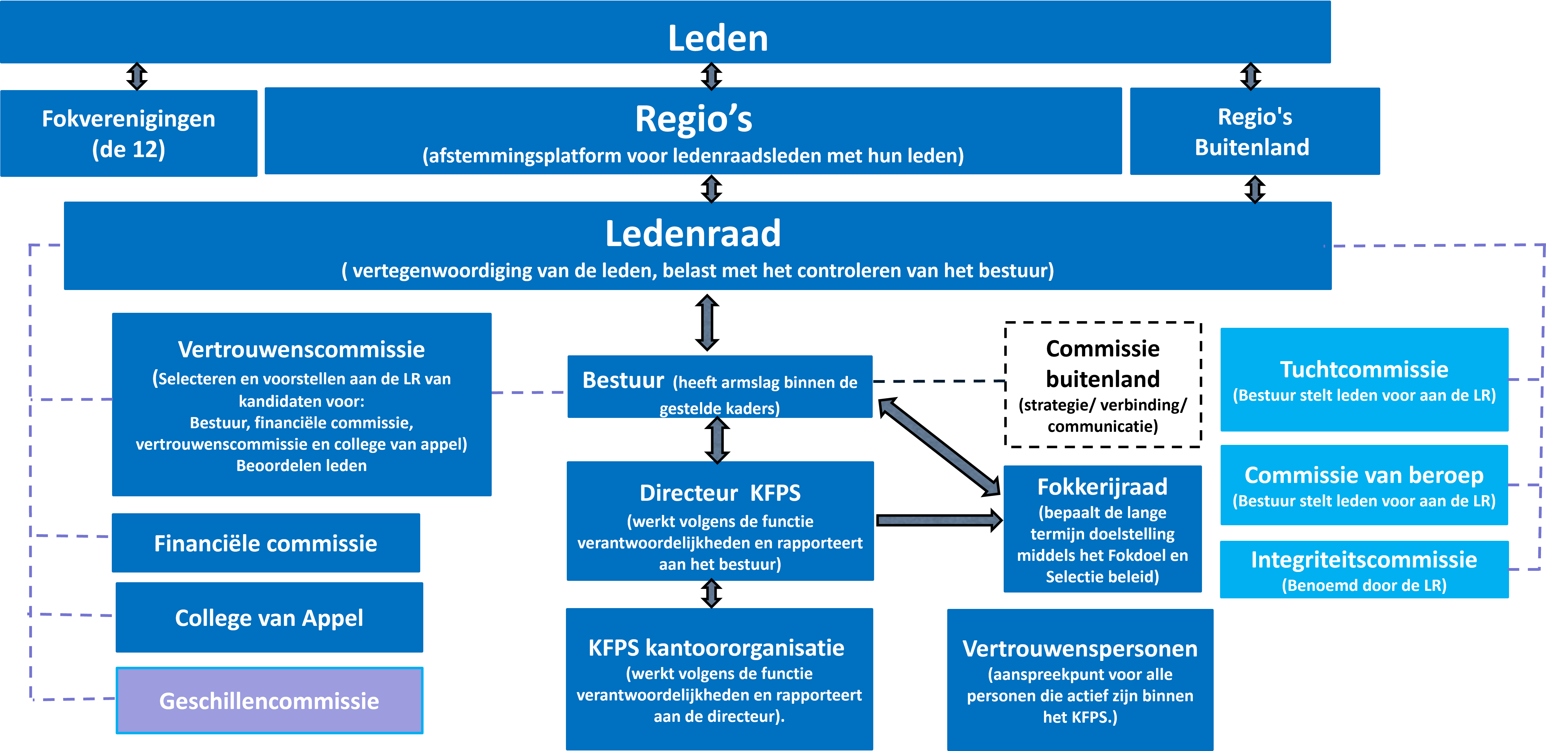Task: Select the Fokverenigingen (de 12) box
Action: pos(128,133)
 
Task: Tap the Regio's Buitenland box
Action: pos(1254,132)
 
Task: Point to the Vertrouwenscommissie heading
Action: pos(301,349)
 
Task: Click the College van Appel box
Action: pos(269,618)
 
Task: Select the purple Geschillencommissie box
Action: pos(269,701)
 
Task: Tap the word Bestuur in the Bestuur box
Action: pos(623,380)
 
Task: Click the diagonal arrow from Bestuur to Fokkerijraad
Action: pos(939,447)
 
